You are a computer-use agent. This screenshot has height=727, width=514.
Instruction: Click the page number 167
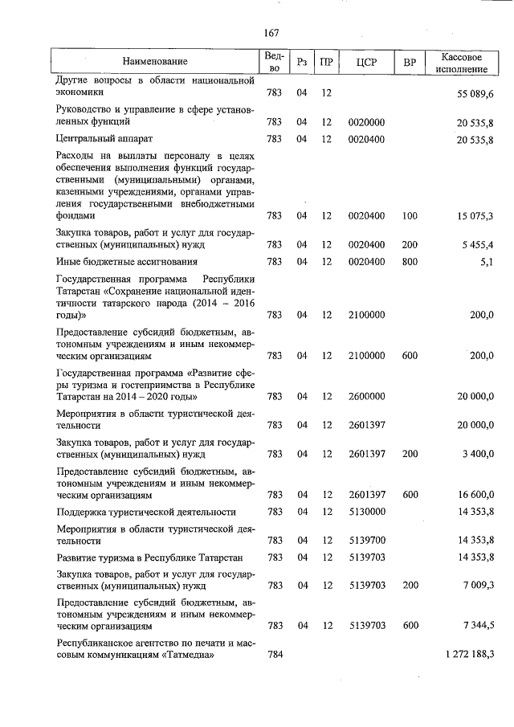coord(271,33)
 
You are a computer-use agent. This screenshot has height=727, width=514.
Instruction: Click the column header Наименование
coord(155,61)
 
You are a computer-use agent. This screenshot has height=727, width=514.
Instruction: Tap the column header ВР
coord(410,61)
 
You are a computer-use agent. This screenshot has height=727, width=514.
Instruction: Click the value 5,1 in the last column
coord(485,262)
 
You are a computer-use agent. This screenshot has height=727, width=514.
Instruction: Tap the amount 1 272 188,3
coord(469,656)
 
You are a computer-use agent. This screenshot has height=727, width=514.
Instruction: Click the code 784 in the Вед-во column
coord(274,656)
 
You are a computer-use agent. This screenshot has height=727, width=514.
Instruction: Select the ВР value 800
coord(410,262)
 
